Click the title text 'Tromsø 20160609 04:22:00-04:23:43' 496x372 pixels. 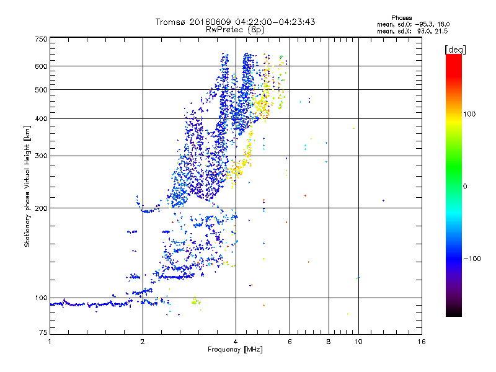pyautogui.click(x=235, y=22)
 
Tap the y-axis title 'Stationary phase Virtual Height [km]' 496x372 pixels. pyautogui.click(x=27, y=186)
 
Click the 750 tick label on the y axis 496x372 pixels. pyautogui.click(x=41, y=39)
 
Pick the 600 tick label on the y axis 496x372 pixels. pyautogui.click(x=41, y=66)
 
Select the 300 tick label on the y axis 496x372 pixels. pyautogui.click(x=41, y=156)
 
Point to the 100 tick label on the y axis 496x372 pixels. pyautogui.click(x=41, y=298)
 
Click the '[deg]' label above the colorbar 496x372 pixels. pyautogui.click(x=456, y=49)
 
